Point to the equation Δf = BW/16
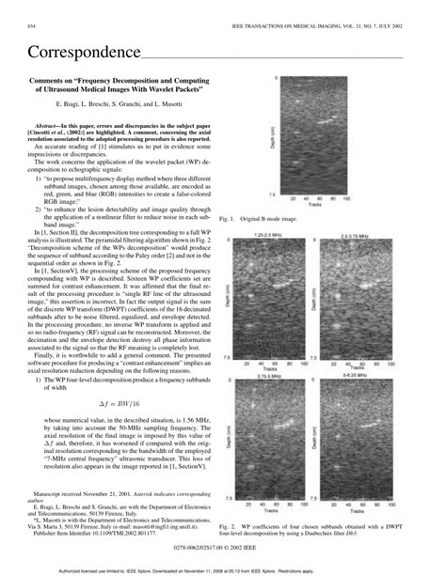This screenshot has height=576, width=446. tap(115, 401)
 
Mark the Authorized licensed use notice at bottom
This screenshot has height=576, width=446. tap(223, 570)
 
